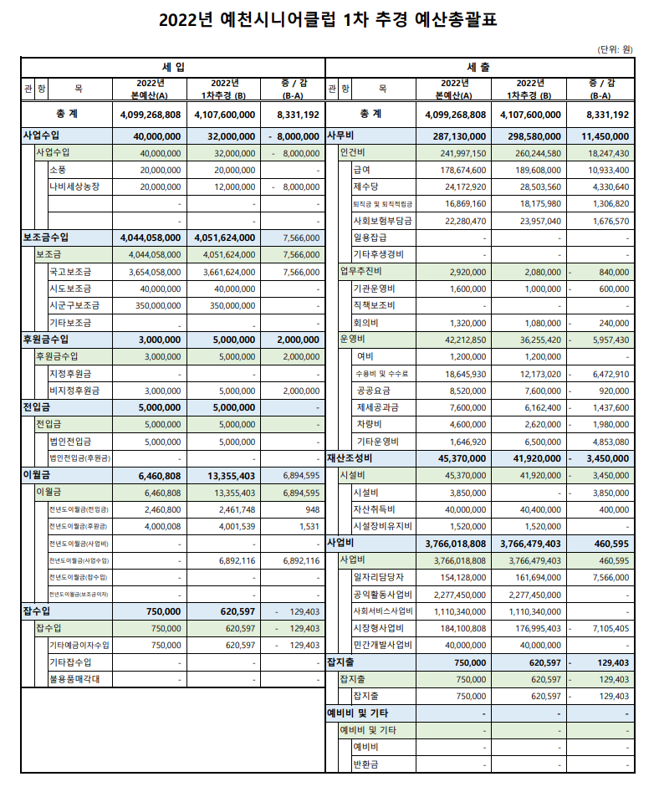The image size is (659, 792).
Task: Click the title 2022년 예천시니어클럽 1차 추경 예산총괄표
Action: click(329, 20)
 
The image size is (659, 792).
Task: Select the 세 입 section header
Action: click(173, 65)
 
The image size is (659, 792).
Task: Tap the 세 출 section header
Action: click(478, 65)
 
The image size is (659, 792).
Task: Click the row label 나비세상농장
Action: click(74, 187)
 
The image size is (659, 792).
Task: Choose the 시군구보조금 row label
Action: click(74, 306)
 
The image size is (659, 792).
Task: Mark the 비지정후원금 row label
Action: click(74, 391)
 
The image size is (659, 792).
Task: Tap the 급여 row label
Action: click(362, 170)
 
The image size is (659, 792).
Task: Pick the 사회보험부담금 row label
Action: click(382, 221)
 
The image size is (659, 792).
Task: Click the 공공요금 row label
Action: click(372, 391)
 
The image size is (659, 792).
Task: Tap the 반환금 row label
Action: click(367, 764)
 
